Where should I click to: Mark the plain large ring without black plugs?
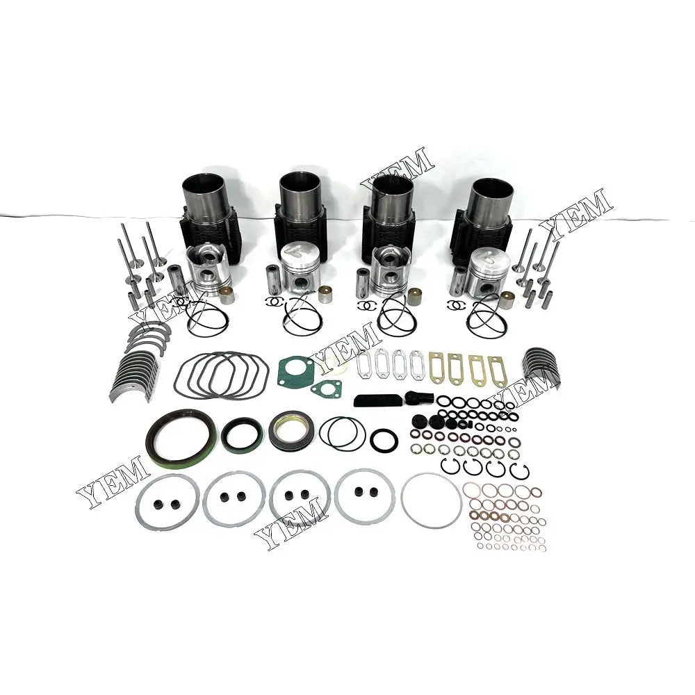431,500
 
